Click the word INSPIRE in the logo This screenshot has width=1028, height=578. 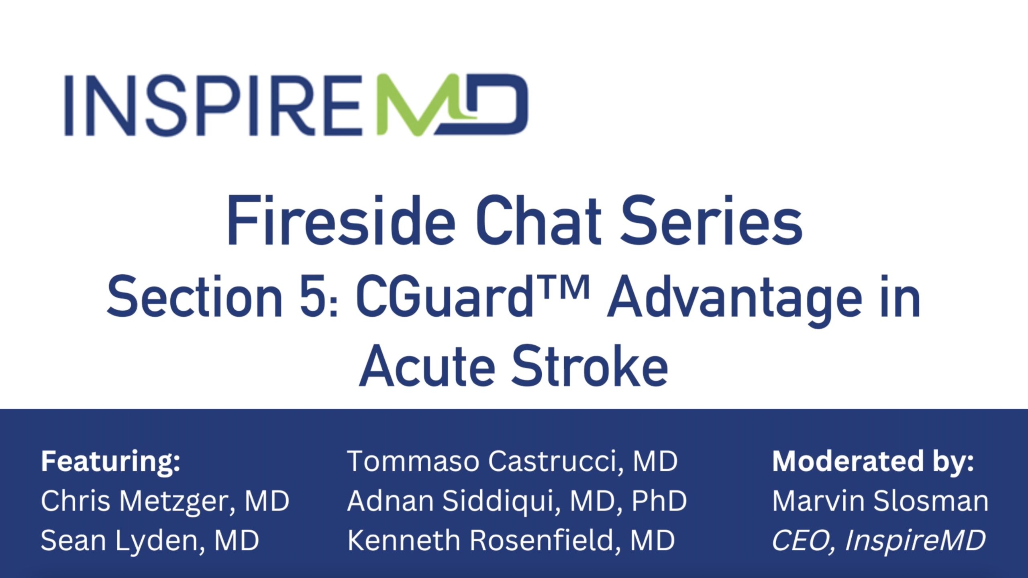[214, 105]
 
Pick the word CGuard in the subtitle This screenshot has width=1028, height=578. [444, 297]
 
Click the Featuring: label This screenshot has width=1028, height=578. [111, 461]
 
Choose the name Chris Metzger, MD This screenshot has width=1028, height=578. [165, 502]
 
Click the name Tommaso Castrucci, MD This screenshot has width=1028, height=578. [512, 461]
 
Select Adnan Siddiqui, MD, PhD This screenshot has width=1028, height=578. [517, 502]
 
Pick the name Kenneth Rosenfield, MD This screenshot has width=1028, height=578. [511, 540]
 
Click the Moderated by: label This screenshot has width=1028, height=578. [873, 461]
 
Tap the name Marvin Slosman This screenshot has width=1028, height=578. [881, 501]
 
